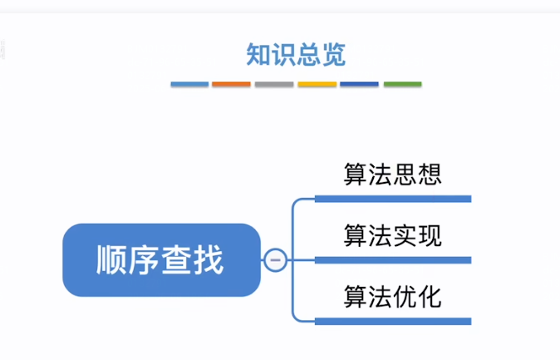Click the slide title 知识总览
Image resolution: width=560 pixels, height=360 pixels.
coord(296,54)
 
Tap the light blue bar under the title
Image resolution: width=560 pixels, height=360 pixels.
coord(189,84)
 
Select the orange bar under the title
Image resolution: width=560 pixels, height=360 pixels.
coord(231,84)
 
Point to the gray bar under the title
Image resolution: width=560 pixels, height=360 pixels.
coord(274,84)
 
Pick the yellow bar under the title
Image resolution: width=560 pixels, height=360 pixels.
coord(317,84)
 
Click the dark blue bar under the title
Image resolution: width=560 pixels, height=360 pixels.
coord(359,84)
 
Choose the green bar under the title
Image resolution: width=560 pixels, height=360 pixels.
coord(402,84)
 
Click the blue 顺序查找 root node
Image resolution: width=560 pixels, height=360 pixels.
coord(161,260)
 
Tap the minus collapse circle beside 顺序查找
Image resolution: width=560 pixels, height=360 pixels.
coord(276,260)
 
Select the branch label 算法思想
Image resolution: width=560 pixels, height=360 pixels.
coord(392,175)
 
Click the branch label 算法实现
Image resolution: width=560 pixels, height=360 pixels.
coord(392,235)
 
